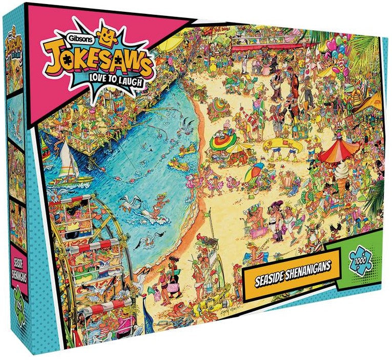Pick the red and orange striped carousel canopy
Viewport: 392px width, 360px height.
click(x=339, y=149)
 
